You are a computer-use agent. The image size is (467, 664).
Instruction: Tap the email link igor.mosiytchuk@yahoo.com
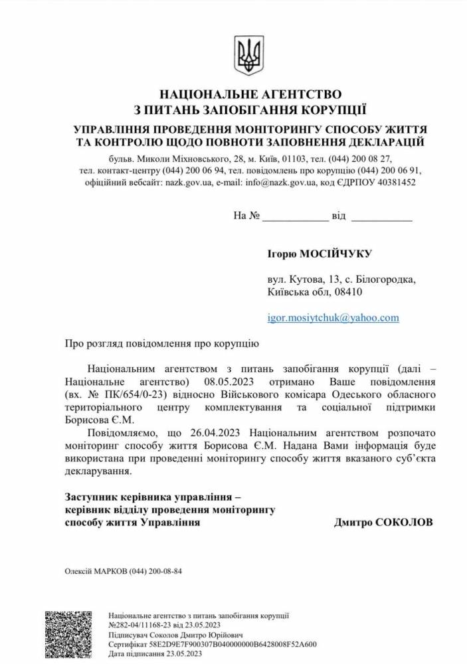pos(332,317)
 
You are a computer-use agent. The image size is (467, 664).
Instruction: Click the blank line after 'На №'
pos(295,217)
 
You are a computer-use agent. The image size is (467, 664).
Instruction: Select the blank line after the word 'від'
pos(381,217)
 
